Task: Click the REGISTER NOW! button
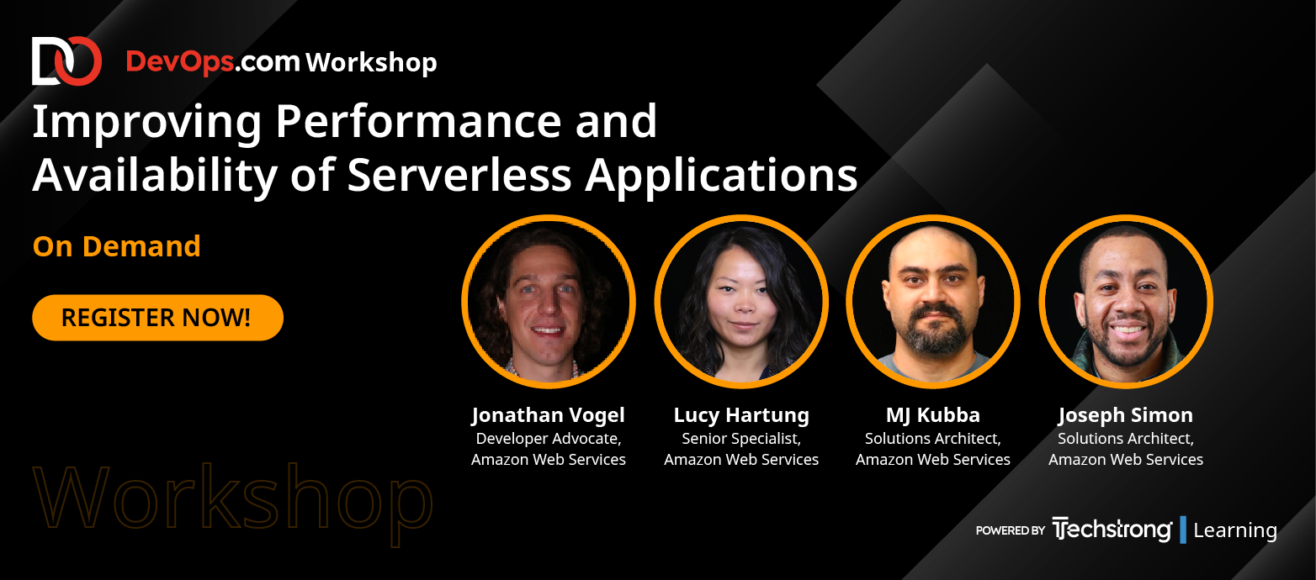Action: pos(157,318)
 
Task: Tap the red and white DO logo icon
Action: pos(66,61)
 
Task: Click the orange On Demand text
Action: pos(116,246)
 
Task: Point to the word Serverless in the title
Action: pos(459,175)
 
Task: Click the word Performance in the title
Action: pos(417,122)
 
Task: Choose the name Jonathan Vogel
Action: pos(548,415)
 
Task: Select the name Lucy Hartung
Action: pos(741,415)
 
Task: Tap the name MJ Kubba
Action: pos(933,415)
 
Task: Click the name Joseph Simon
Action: pos(1126,415)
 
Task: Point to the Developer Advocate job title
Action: pos(548,439)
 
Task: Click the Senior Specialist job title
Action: pos(741,439)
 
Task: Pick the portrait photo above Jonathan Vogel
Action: pos(548,302)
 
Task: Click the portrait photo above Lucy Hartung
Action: pos(741,302)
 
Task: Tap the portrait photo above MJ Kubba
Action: pos(933,302)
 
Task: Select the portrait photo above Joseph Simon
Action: pos(1126,302)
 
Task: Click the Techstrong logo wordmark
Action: pos(1112,530)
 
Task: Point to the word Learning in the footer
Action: pos(1235,530)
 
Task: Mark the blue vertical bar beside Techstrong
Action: pos(1183,530)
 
